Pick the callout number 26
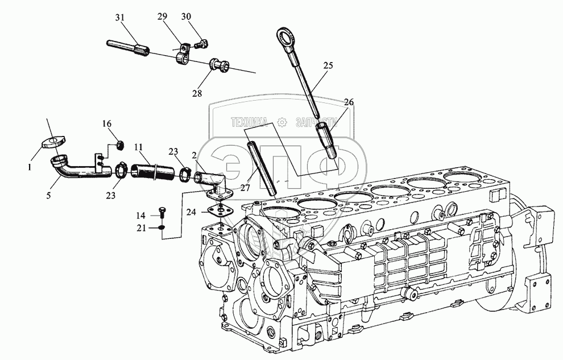[x=349, y=102]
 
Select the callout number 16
[x=106, y=123]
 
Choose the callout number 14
[x=140, y=216]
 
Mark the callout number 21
[x=140, y=227]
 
